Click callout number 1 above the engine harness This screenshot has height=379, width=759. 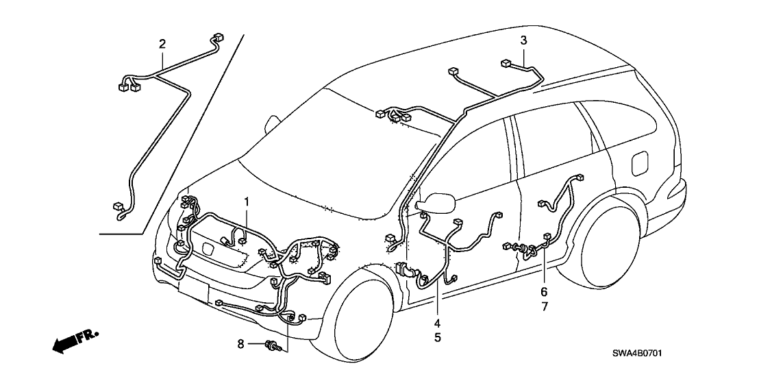[247, 202]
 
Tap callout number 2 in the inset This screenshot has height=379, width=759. [162, 45]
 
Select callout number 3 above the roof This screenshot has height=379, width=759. [523, 40]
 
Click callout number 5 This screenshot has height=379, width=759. [436, 337]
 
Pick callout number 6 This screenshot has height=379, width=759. [544, 292]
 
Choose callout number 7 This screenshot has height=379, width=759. [544, 306]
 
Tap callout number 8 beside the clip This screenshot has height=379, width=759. [240, 345]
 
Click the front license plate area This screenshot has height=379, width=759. [194, 291]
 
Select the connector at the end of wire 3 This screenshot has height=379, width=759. [506, 63]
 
